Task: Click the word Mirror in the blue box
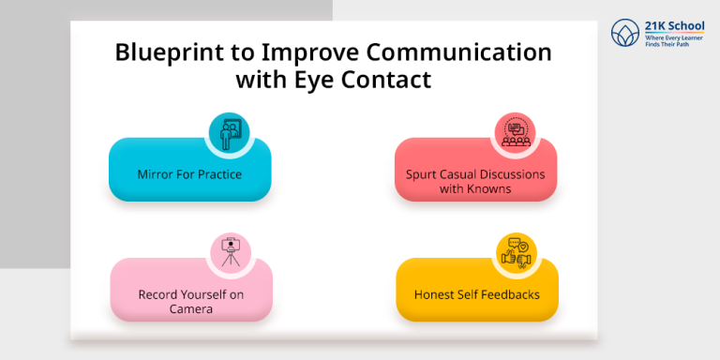[157, 173]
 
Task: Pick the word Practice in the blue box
[218, 173]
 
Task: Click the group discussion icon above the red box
[514, 132]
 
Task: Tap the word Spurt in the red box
[424, 174]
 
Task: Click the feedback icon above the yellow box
[515, 253]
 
